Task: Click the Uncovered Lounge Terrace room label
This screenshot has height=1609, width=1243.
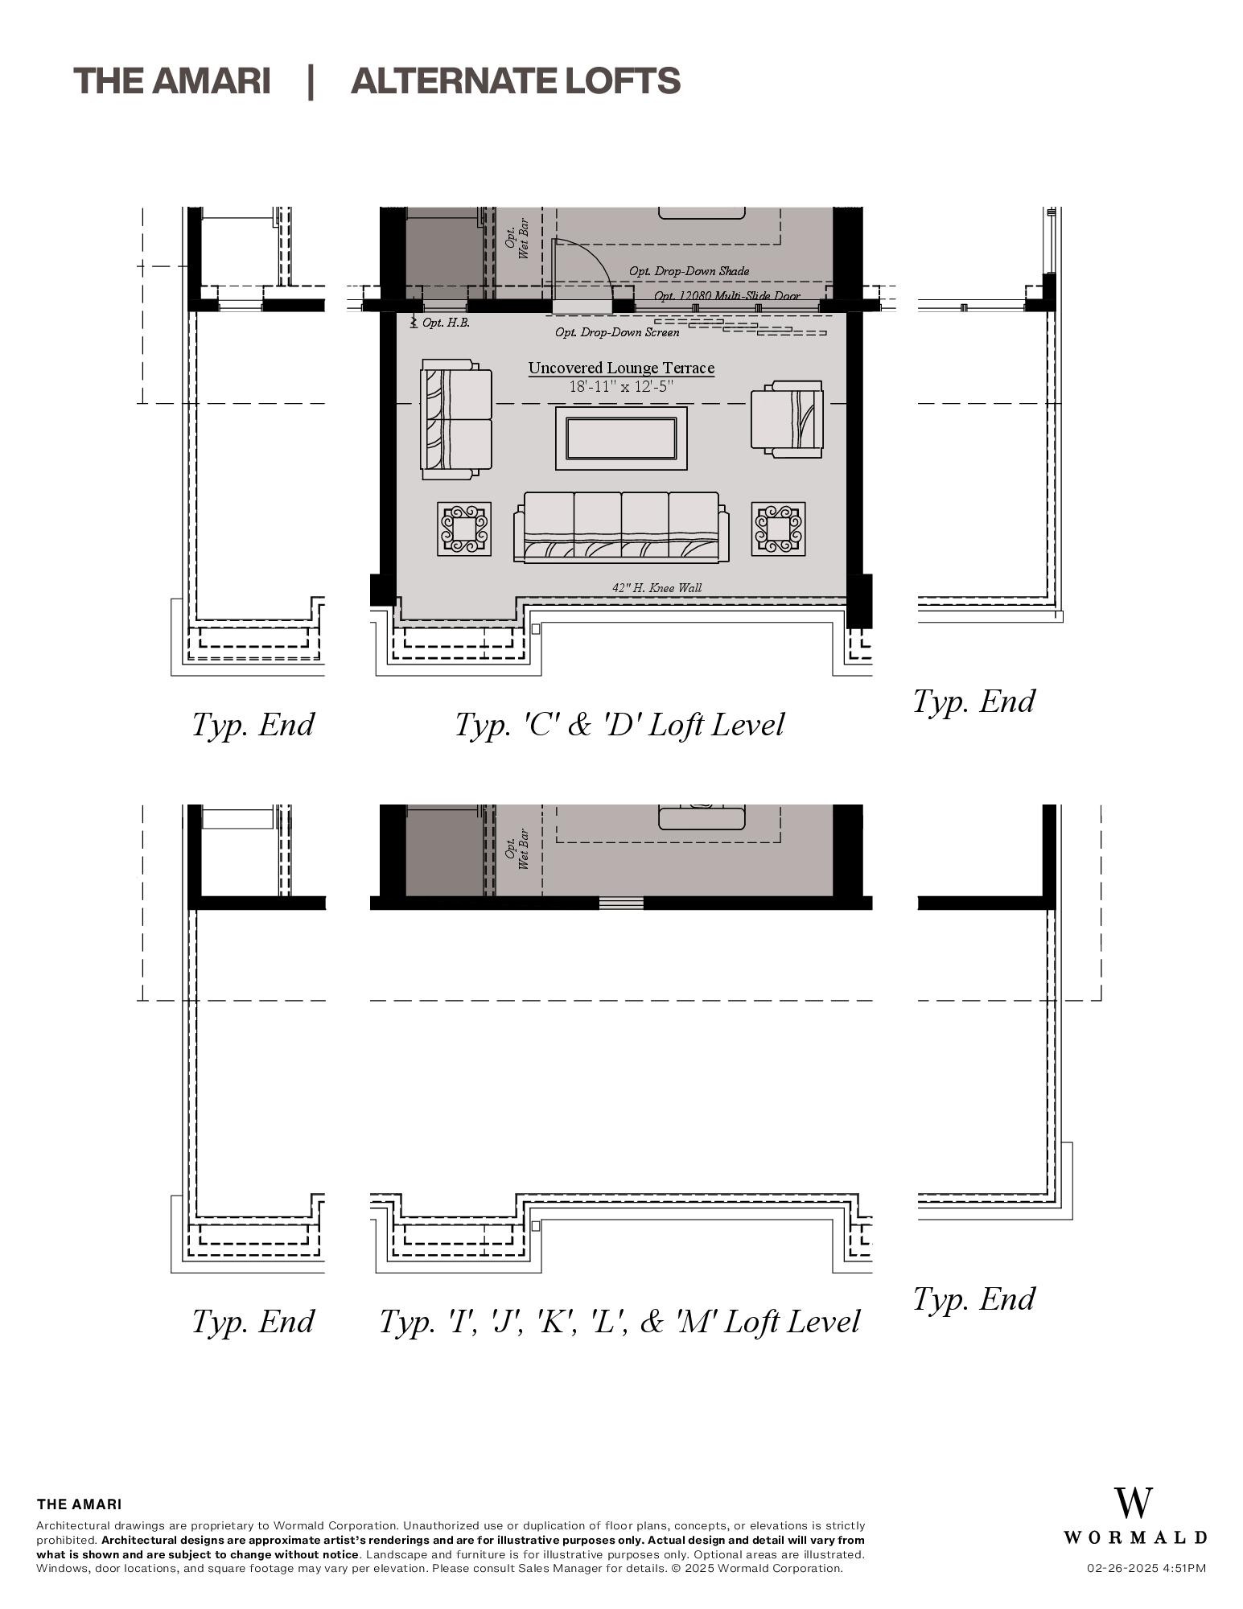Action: click(621, 368)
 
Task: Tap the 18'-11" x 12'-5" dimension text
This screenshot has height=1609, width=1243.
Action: click(621, 387)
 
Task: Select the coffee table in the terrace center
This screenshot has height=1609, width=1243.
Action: click(621, 438)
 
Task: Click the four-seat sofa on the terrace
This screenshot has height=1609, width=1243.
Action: click(621, 527)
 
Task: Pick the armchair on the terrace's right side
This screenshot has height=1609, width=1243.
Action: click(787, 419)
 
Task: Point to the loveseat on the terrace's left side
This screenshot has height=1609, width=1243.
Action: click(456, 419)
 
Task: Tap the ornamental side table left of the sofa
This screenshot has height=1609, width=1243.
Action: click(464, 529)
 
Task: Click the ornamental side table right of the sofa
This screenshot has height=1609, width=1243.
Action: click(778, 529)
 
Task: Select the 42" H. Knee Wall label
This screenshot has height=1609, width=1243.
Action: click(656, 588)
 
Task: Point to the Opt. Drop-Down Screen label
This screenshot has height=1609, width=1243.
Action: click(617, 332)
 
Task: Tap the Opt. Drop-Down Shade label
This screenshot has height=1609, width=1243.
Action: click(689, 271)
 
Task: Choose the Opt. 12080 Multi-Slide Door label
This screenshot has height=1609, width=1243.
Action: click(726, 296)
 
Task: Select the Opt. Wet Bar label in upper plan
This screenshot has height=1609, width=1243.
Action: click(516, 238)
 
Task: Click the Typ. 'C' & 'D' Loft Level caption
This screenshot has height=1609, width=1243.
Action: click(619, 725)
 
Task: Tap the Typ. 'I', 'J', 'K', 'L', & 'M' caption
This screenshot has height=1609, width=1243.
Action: click(619, 1322)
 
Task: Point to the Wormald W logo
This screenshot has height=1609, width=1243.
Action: click(1133, 1503)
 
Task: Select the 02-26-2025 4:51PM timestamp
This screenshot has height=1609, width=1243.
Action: click(1146, 1568)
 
